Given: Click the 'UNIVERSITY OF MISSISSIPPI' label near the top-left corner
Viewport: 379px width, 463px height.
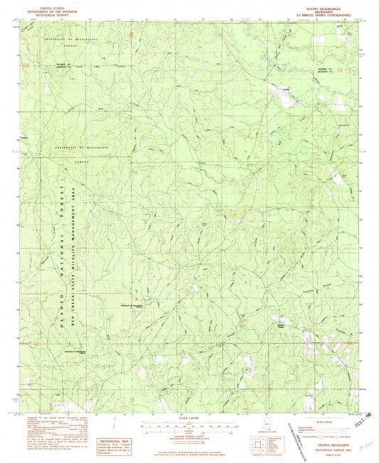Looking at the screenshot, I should tap(68, 36).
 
